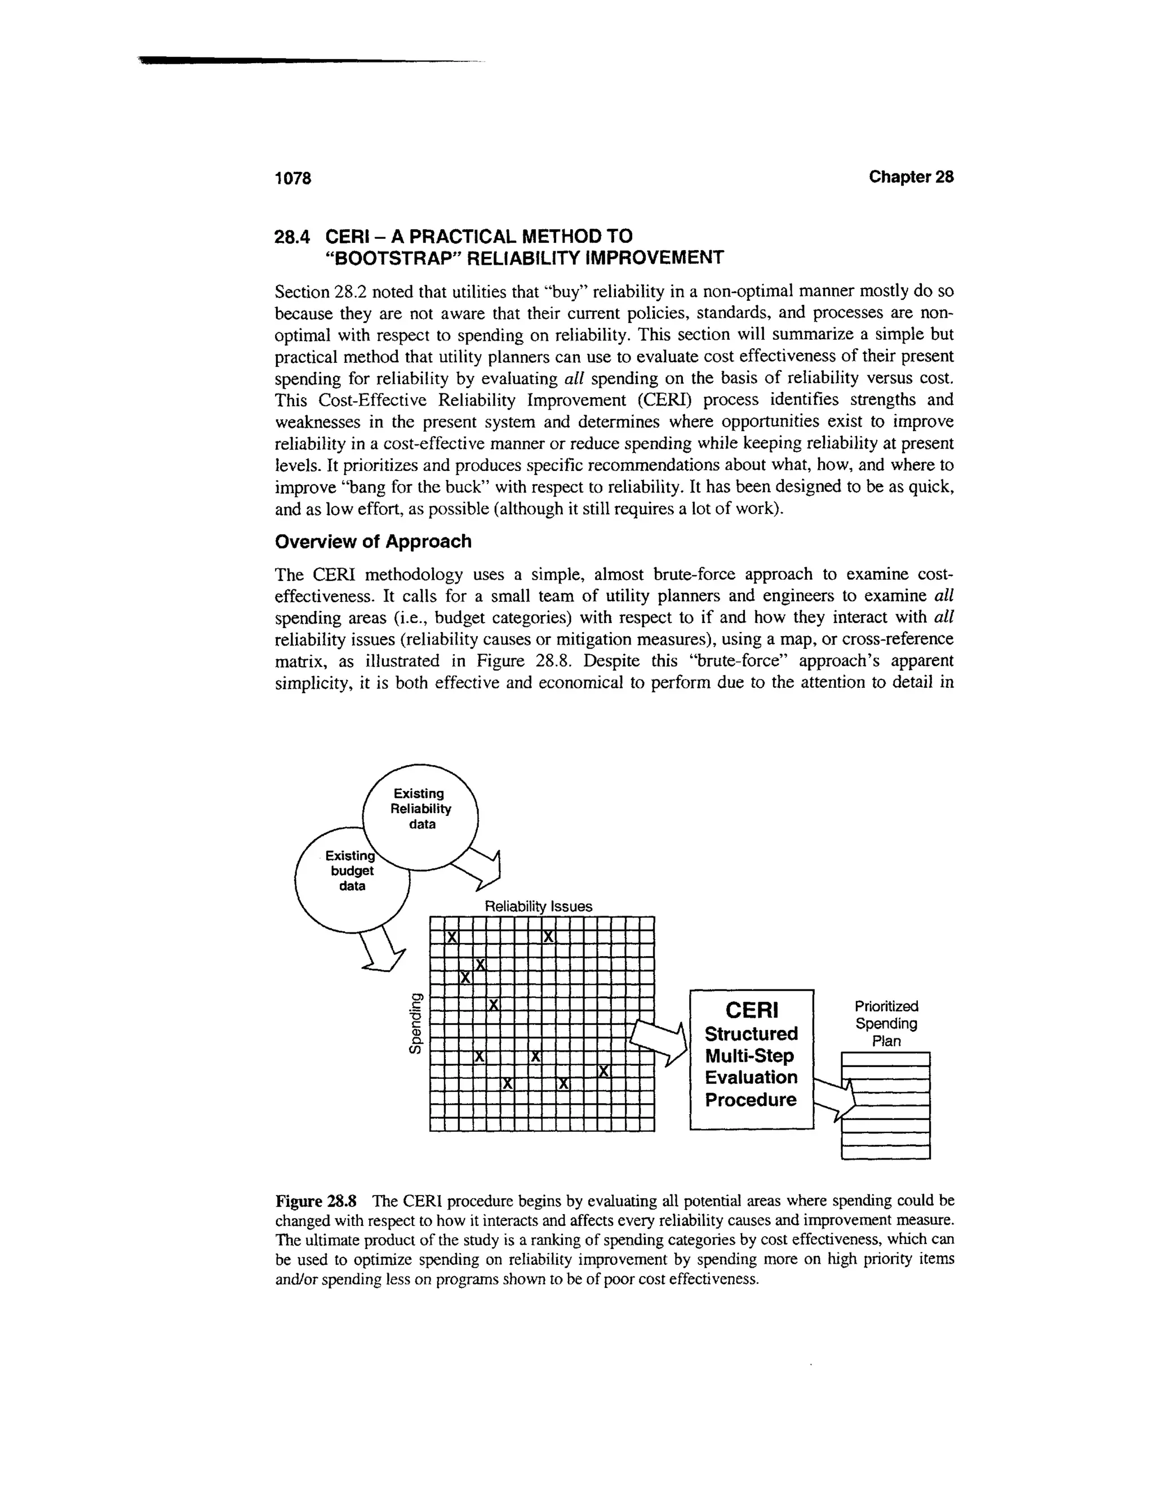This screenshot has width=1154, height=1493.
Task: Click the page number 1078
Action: [292, 179]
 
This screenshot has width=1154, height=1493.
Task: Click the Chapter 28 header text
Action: [911, 177]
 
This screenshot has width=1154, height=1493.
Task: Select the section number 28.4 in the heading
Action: [292, 237]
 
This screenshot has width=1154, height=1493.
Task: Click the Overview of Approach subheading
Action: [372, 541]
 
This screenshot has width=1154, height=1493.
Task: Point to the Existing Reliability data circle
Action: [420, 810]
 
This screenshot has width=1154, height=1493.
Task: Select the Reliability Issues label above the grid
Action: [538, 907]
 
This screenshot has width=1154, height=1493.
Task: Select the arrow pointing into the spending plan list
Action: [836, 1097]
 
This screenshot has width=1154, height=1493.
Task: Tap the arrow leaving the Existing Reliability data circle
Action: [481, 869]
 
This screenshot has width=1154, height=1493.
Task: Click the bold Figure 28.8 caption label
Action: [316, 1201]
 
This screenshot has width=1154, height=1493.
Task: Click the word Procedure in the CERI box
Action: [751, 1100]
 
